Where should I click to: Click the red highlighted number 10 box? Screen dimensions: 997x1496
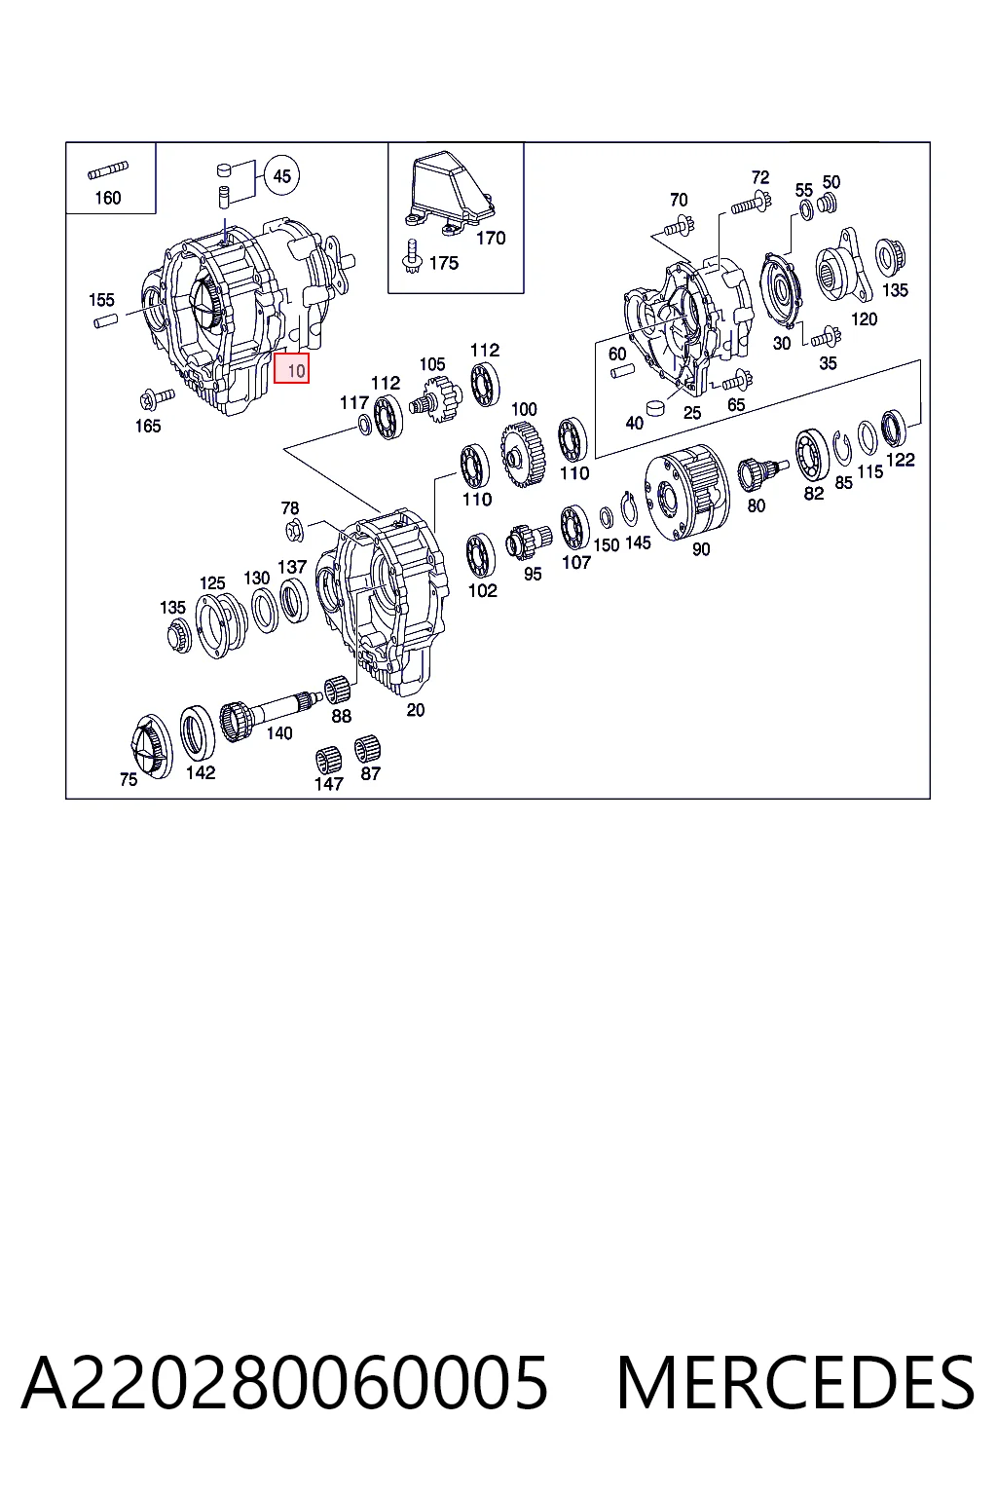(292, 369)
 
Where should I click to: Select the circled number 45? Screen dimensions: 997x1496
(281, 176)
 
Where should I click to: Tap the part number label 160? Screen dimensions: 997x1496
(108, 198)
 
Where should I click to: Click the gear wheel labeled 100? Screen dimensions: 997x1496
(522, 457)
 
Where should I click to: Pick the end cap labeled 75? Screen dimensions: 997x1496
(152, 746)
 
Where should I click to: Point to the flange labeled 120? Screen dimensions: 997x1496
(844, 267)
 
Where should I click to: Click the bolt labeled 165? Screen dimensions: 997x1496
(156, 398)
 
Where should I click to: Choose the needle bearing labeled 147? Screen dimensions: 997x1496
(328, 761)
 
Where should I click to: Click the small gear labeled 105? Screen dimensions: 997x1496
(437, 398)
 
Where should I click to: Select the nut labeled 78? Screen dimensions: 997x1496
(294, 531)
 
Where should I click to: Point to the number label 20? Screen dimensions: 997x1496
(416, 710)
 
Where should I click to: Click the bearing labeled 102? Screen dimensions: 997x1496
(481, 557)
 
